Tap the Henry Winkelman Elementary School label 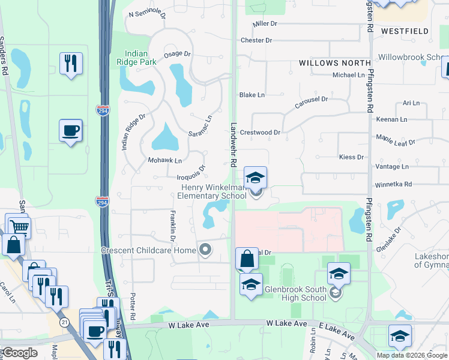point(214,191)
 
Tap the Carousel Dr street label point(312,103)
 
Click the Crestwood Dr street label point(260,133)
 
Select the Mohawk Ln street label point(164,161)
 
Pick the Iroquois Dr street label point(191,172)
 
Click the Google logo point(19,352)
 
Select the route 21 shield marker point(64,322)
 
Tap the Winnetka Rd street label point(393,184)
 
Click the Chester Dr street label point(256,40)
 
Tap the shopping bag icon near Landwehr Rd point(247,260)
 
